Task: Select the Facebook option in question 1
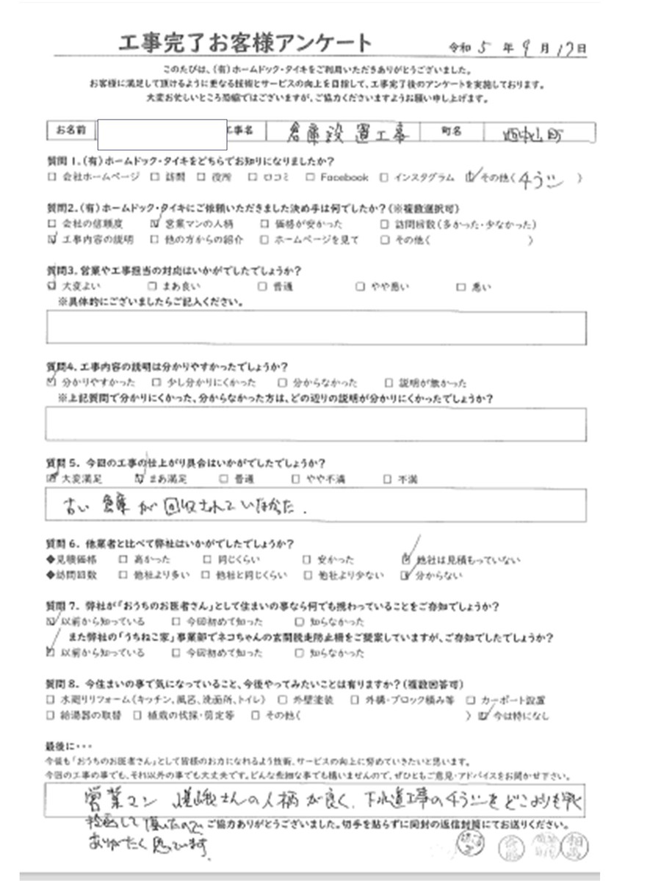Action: tap(339, 177)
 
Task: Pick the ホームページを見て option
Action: tap(312, 240)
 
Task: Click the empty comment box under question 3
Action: tap(316, 327)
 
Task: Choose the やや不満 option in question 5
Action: tap(322, 479)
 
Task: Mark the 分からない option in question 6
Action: tap(438, 576)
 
